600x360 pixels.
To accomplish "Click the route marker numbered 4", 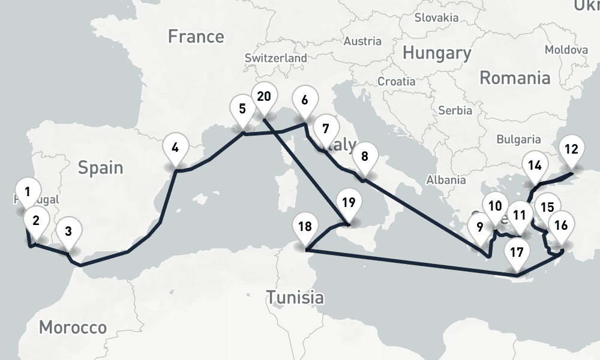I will (175, 148).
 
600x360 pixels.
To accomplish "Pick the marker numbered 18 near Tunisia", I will (305, 227).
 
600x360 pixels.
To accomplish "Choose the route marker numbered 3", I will (68, 231).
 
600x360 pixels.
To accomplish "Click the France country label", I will (196, 37).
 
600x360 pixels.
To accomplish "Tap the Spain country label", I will (100, 167).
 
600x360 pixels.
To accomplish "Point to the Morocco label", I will (73, 327).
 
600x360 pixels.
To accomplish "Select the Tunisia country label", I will (295, 296).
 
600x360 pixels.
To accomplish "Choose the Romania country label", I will (515, 77).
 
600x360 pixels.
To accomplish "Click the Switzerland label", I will (275, 58).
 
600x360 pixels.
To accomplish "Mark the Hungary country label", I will (436, 53).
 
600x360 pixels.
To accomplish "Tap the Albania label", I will (445, 179).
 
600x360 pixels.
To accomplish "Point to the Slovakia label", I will (436, 17).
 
